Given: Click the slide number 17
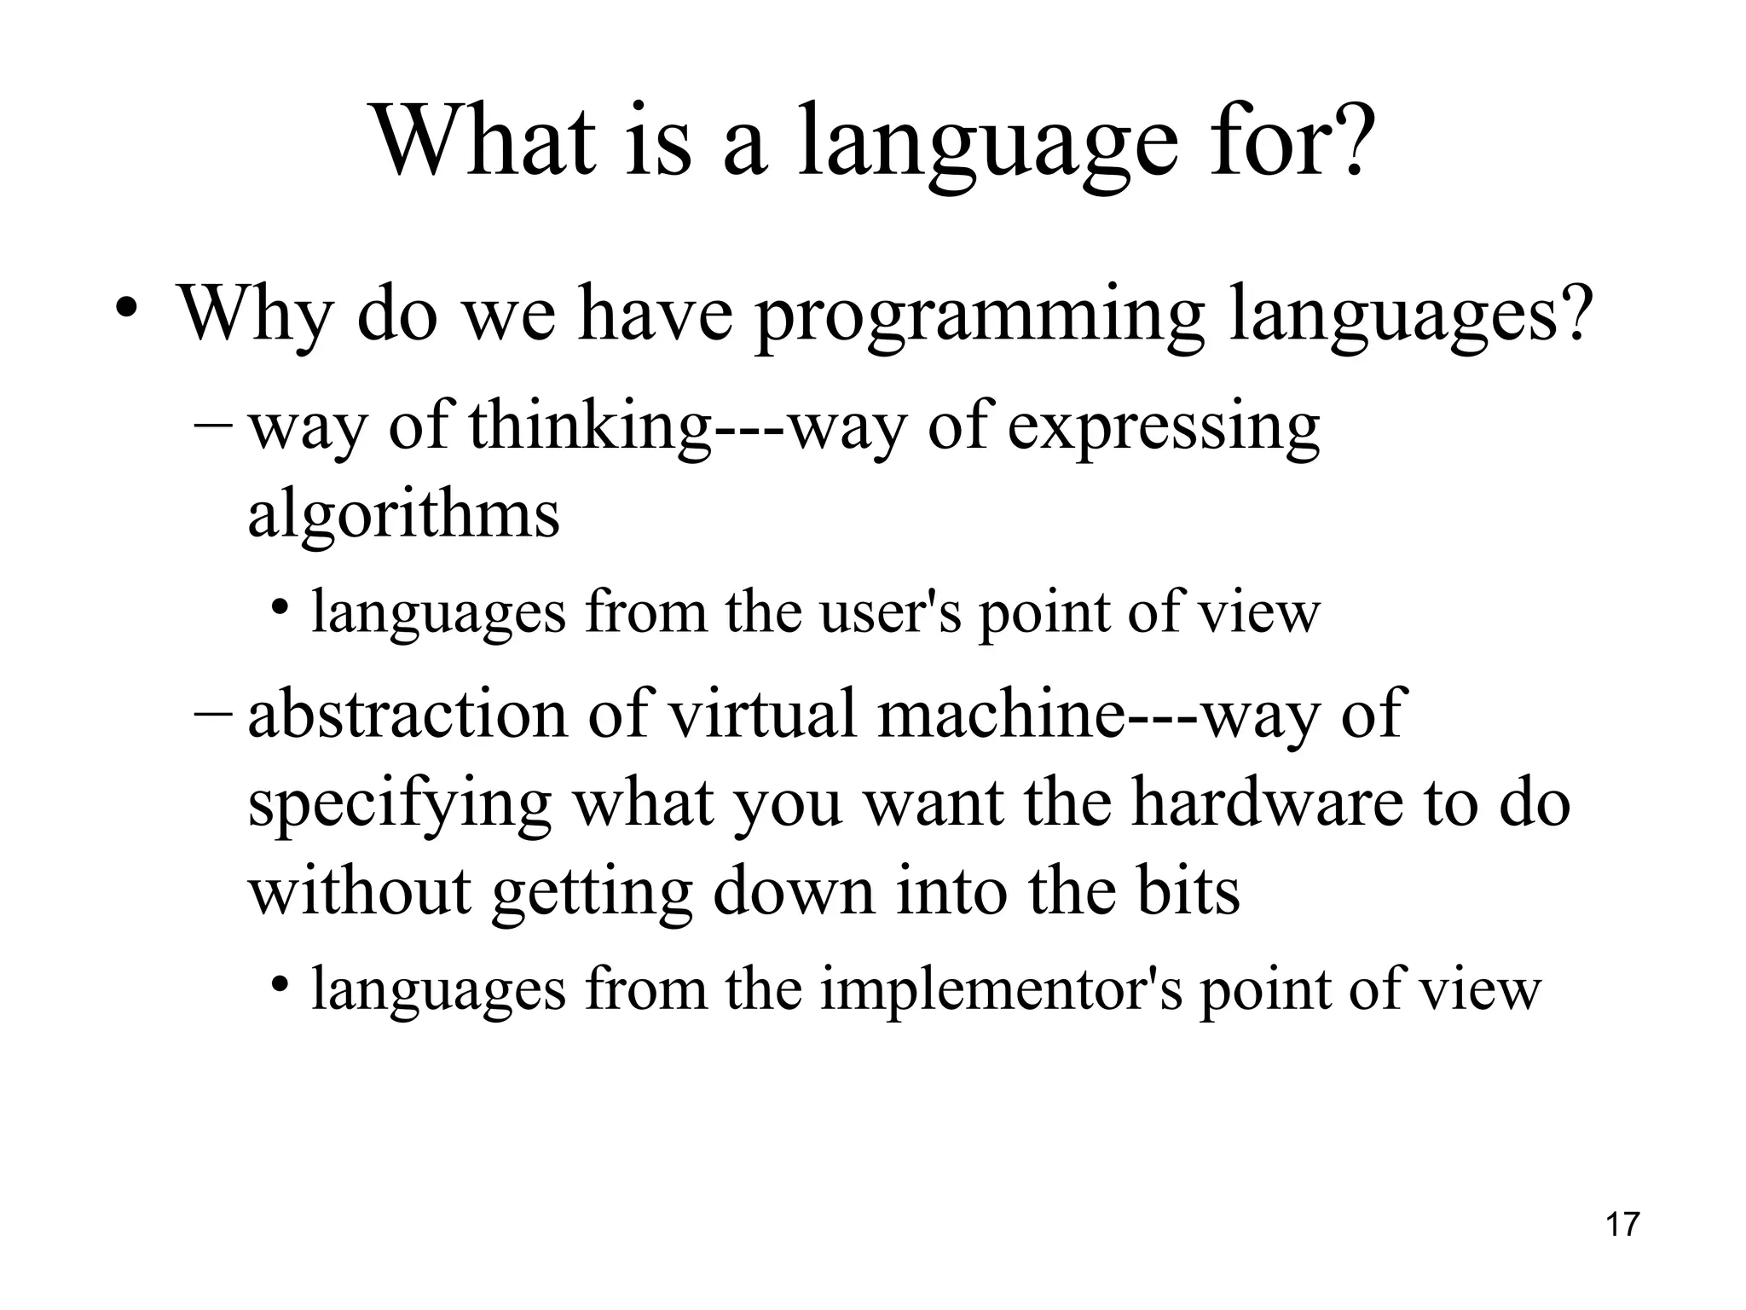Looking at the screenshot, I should point(1622,1225).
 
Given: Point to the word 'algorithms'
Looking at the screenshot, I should point(403,514).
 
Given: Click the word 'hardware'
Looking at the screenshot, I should point(1266,803).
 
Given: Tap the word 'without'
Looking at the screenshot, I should point(359,891).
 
